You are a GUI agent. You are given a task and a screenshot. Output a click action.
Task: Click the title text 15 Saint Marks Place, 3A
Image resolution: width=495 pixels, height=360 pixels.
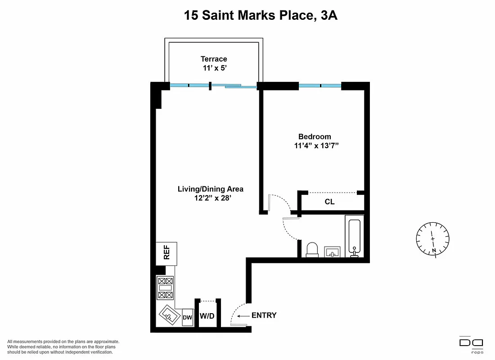pyautogui.click(x=261, y=16)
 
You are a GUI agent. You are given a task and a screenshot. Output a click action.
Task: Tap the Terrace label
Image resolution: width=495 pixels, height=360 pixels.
pyautogui.click(x=214, y=59)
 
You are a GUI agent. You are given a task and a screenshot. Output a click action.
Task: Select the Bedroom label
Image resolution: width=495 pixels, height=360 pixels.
pyautogui.click(x=315, y=137)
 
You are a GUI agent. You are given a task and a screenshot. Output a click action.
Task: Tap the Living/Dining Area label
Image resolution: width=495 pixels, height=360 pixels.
pyautogui.click(x=211, y=189)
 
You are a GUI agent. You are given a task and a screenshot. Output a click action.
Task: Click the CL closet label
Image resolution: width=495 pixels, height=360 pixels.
pyautogui.click(x=330, y=202)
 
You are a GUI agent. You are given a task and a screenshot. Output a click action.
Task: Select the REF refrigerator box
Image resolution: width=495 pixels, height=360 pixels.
pyautogui.click(x=166, y=254)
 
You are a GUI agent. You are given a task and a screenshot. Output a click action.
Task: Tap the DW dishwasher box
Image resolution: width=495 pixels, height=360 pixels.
pyautogui.click(x=188, y=317)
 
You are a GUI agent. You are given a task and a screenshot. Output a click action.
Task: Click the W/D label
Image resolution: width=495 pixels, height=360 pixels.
pyautogui.click(x=207, y=316)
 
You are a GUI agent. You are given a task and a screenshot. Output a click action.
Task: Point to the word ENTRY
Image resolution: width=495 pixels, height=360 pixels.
pyautogui.click(x=264, y=315)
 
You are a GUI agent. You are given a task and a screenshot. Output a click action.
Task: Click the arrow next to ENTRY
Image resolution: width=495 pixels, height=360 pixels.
pyautogui.click(x=243, y=316)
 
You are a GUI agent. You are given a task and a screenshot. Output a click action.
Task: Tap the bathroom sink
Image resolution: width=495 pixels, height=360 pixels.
pyautogui.click(x=333, y=252)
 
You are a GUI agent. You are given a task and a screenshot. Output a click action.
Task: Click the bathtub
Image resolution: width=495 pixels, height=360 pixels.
pyautogui.click(x=354, y=236)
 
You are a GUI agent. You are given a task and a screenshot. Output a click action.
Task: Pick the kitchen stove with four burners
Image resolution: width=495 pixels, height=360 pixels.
pyautogui.click(x=165, y=288)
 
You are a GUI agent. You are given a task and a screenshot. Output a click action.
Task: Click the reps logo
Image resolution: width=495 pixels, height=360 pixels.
pyautogui.click(x=471, y=344)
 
